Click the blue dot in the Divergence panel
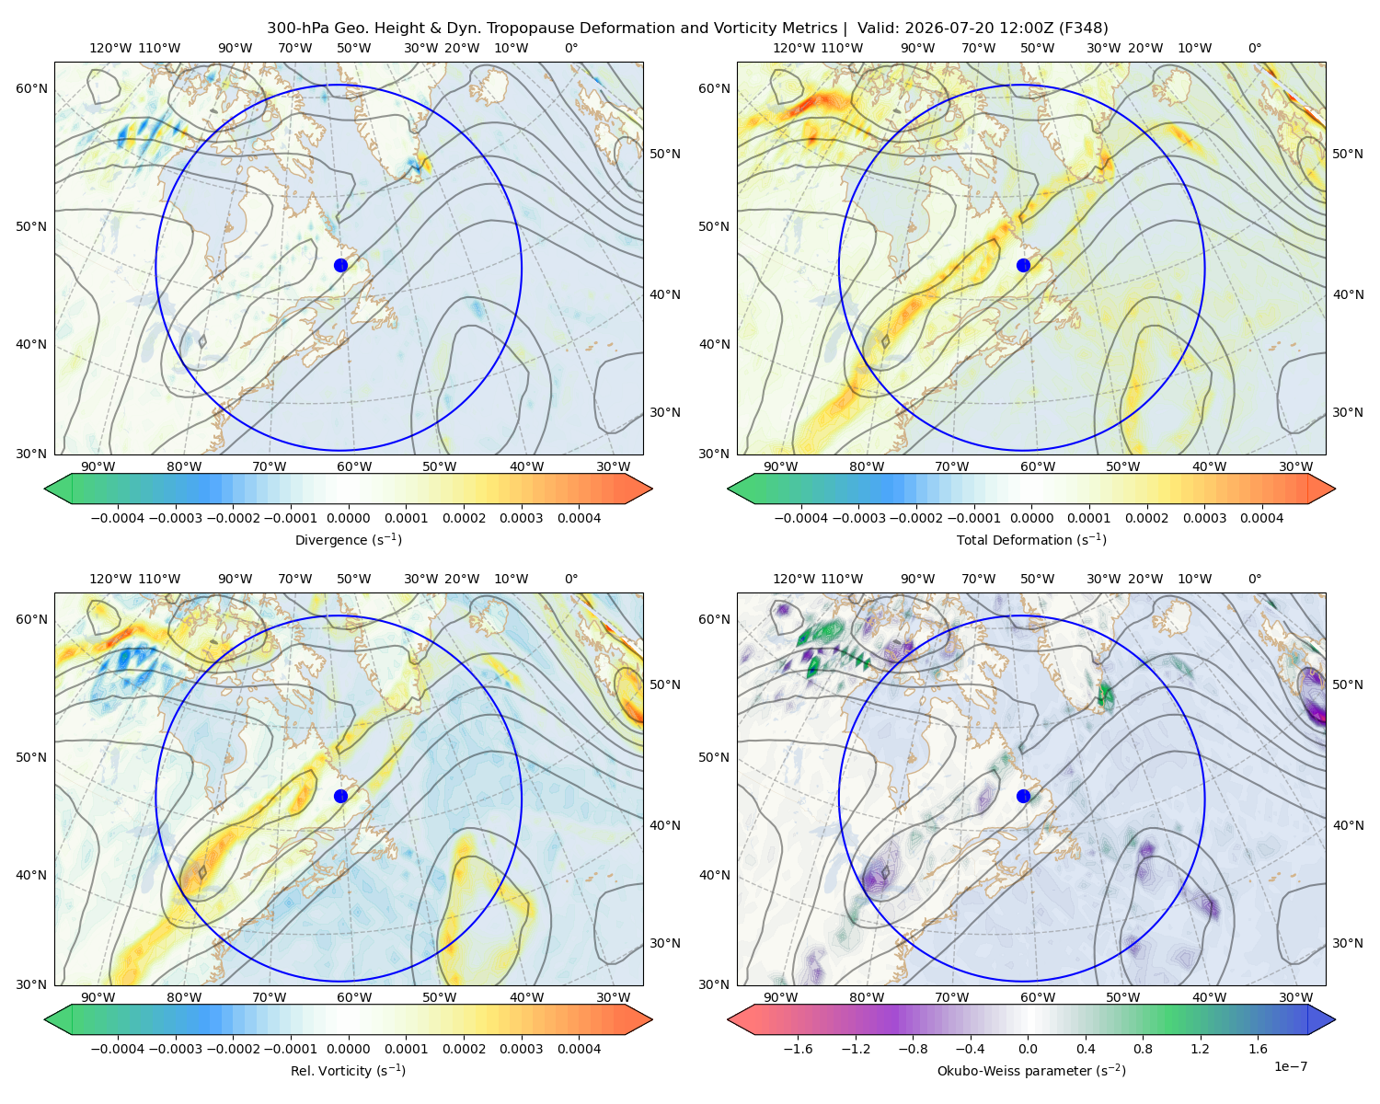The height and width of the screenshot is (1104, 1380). pos(340,265)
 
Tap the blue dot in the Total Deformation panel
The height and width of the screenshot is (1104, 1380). pos(1023,265)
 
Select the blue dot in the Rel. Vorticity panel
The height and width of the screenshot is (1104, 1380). pos(340,796)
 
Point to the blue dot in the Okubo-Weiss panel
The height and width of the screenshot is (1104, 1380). pos(1023,796)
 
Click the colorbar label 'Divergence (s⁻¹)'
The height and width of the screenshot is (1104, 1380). pos(348,539)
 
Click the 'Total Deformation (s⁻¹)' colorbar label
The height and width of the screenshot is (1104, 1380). pos(1031,539)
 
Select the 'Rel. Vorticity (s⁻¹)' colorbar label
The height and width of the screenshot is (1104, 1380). pos(348,1070)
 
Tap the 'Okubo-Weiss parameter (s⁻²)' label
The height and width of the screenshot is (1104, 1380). pos(1031,1070)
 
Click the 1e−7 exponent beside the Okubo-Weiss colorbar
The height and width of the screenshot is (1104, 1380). pos(1290,1066)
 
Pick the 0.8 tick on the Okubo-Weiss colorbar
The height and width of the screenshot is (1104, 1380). pos(1143,1049)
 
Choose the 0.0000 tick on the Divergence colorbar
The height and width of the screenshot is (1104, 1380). pos(348,518)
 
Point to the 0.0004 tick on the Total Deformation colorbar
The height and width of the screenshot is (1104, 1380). pos(1261,518)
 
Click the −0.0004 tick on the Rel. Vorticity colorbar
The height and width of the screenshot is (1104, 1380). pos(118,1049)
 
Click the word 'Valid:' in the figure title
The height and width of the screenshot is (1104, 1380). pos(878,29)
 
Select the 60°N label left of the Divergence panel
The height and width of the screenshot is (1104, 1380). pos(31,88)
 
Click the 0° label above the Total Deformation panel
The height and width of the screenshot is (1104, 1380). pos(1254,48)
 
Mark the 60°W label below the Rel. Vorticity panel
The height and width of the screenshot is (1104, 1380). pos(354,997)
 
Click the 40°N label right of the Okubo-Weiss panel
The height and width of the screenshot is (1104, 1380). pos(1348,825)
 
